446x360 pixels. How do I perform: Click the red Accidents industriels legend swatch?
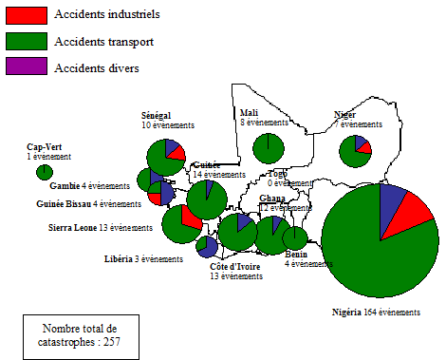27,15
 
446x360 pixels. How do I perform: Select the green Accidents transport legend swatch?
27,41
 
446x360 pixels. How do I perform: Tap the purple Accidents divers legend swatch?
27,66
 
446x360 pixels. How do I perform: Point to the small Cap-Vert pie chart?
44,172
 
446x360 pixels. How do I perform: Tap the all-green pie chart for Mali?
269,148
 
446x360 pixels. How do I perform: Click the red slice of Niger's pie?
363,150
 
